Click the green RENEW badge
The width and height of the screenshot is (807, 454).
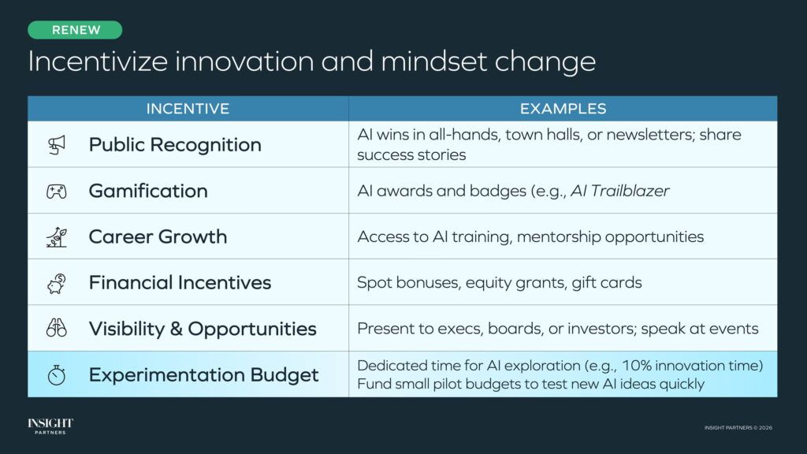76,30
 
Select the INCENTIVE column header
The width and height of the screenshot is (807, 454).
188,109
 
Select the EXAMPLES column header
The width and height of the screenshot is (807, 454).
563,109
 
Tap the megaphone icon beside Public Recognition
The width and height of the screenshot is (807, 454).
56,144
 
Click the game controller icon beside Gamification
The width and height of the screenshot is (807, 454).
56,191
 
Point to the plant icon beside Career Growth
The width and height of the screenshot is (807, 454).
56,236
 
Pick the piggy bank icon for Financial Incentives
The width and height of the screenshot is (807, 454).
56,282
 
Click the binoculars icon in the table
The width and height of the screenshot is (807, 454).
56,328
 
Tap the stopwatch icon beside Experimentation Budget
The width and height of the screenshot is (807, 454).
56,374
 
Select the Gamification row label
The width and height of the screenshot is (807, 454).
148,191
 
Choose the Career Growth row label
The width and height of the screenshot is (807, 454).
158,236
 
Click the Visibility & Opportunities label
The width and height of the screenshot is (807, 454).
203,329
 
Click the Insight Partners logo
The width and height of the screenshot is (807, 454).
50,426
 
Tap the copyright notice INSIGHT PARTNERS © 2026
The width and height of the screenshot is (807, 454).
738,427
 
